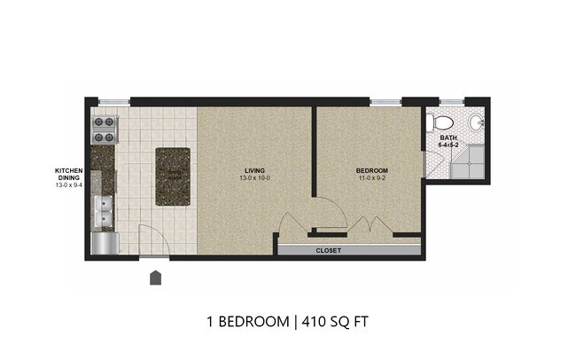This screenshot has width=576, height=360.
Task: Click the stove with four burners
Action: pos(104,129)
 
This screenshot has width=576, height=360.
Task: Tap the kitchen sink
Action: pos(104,212)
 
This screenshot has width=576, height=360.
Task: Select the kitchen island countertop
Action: pos(172,176)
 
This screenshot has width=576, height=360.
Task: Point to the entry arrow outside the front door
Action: pos(156,278)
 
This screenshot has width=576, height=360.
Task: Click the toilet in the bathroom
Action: pos(443,122)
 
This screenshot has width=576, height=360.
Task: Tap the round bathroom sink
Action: pos(475,121)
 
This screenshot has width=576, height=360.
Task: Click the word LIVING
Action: pos(255,169)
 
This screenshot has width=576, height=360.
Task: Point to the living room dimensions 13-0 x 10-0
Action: pos(255,178)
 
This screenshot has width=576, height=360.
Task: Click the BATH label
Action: pos(448,138)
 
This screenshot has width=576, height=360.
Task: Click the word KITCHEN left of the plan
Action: pos(68,170)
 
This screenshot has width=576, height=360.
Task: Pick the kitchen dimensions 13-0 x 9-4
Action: pos(68,186)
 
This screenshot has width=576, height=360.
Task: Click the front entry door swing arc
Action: pos(151,238)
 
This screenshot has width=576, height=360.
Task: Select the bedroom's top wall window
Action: pos(385,102)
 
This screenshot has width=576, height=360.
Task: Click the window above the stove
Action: pos(110,102)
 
